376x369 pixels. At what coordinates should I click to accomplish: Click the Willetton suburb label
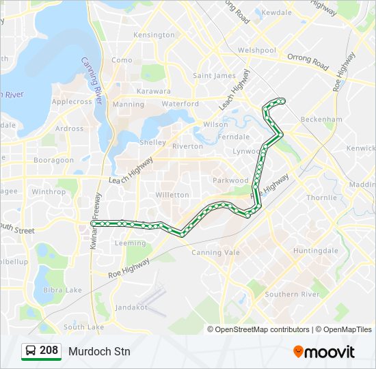172,195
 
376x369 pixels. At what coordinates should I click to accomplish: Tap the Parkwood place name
230,180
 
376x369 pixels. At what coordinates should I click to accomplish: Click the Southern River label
293,295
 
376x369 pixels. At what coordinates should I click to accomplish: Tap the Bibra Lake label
62,290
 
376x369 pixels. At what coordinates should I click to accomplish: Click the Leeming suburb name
130,243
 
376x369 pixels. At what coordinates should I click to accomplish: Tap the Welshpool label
257,50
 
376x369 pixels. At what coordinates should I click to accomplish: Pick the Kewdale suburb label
276,12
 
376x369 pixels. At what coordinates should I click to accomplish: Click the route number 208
49,351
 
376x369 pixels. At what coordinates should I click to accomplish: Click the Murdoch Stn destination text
98,352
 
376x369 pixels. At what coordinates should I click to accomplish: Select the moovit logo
324,352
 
